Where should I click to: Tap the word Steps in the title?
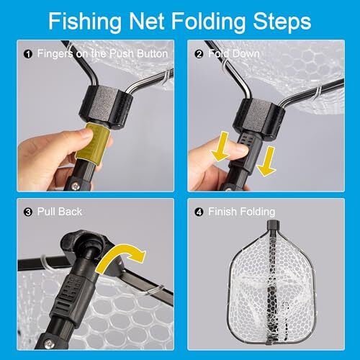pos(276,21)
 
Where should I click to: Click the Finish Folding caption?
pos(242,212)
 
